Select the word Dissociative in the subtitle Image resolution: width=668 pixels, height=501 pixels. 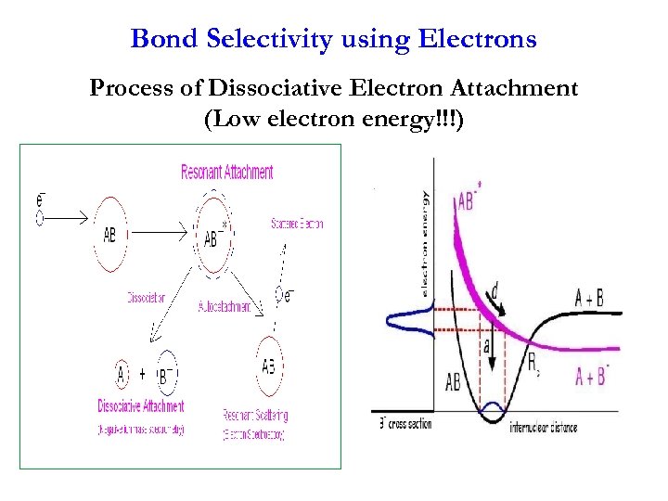267,89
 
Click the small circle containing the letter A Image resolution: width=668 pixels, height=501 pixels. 121,376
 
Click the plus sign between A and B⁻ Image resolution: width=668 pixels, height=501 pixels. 143,377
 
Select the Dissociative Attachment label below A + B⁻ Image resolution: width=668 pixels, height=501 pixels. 141,406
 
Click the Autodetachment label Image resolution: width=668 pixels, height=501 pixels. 224,306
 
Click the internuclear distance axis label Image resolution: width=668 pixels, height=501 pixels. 543,428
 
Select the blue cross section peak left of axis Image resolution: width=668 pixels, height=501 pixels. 408,321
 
